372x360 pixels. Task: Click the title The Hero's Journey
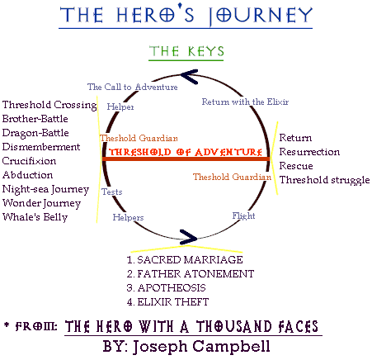click(x=186, y=14)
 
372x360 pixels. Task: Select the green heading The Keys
click(x=186, y=51)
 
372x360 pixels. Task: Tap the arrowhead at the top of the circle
click(x=189, y=77)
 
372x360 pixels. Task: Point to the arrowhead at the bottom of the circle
click(x=189, y=237)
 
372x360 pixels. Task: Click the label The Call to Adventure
click(x=133, y=87)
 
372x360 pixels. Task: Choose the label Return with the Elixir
click(x=245, y=102)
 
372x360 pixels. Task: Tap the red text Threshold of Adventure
click(x=186, y=152)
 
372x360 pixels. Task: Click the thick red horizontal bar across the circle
click(x=186, y=159)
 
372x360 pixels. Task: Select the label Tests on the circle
click(x=112, y=192)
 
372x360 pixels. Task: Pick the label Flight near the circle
click(x=243, y=216)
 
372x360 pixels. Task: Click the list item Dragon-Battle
click(x=35, y=133)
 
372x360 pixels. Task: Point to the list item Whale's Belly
click(x=35, y=217)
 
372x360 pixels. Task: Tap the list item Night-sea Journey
click(x=45, y=189)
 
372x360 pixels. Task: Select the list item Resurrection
click(x=309, y=152)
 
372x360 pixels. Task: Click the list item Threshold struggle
click(x=325, y=180)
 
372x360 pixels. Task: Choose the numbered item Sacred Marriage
click(x=185, y=260)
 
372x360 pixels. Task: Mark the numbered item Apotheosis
click(x=166, y=288)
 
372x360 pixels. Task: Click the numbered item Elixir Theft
click(x=167, y=302)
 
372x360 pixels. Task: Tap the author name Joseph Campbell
click(x=201, y=347)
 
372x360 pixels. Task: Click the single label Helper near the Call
click(x=120, y=107)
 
